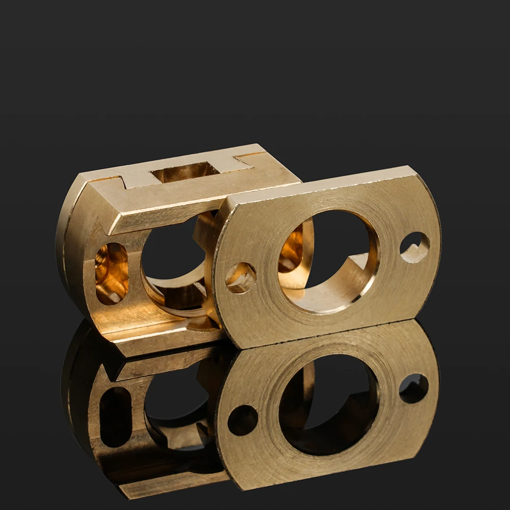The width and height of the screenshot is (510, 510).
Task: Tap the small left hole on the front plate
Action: tap(241, 277)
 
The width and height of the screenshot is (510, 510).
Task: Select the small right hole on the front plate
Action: tap(414, 247)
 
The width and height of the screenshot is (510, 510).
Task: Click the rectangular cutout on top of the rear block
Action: tap(185, 172)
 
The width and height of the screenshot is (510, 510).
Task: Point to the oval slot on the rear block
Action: tap(111, 273)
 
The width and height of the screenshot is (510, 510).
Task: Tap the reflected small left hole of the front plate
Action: tap(242, 420)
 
